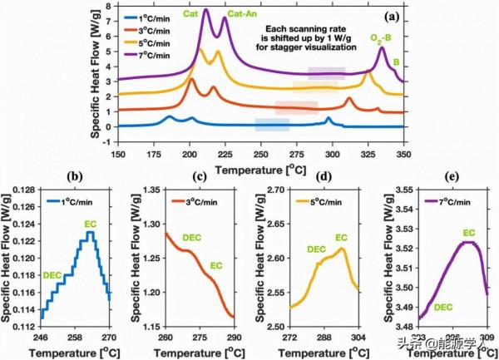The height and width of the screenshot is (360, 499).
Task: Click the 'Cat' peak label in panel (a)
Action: coord(190,13)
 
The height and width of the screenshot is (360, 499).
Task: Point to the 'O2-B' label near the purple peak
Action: coord(381,38)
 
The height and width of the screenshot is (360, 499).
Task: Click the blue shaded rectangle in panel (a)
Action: coord(272,125)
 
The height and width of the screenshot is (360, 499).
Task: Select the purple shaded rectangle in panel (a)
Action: coord(326,73)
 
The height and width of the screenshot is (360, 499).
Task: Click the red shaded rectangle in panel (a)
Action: coord(296,106)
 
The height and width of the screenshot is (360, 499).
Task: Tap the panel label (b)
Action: coord(75,177)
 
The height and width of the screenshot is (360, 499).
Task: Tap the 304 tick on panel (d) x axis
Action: coord(358,339)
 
